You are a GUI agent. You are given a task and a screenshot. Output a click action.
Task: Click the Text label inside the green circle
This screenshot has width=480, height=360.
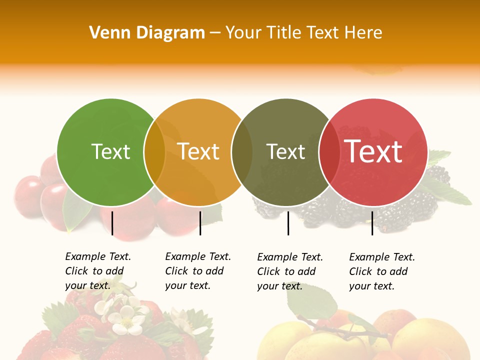[110, 151]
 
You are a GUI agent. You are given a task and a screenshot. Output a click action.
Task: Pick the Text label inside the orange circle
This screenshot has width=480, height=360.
[198, 151]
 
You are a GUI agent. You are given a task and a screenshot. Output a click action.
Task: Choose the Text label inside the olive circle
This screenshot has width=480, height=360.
[285, 151]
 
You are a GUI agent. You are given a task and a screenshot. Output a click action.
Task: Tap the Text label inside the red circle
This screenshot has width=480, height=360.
[373, 151]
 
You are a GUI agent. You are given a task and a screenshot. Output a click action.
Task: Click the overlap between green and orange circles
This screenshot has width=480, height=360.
[154, 152]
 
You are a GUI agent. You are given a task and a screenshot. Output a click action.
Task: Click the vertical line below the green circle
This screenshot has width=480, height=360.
[112, 223]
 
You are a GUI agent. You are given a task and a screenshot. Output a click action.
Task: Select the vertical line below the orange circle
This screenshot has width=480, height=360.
[200, 223]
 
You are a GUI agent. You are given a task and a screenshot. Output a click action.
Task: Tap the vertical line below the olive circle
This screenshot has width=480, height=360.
[288, 223]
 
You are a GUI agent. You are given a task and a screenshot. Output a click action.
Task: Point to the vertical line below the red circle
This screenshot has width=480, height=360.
[372, 223]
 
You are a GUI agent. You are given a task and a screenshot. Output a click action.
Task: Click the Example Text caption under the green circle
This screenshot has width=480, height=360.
[98, 271]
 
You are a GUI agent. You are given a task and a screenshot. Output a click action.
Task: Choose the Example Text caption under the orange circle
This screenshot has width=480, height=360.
[198, 271]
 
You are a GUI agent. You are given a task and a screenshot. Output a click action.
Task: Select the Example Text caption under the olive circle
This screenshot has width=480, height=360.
[290, 271]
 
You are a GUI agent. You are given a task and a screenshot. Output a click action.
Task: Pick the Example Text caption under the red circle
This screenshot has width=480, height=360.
[382, 271]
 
